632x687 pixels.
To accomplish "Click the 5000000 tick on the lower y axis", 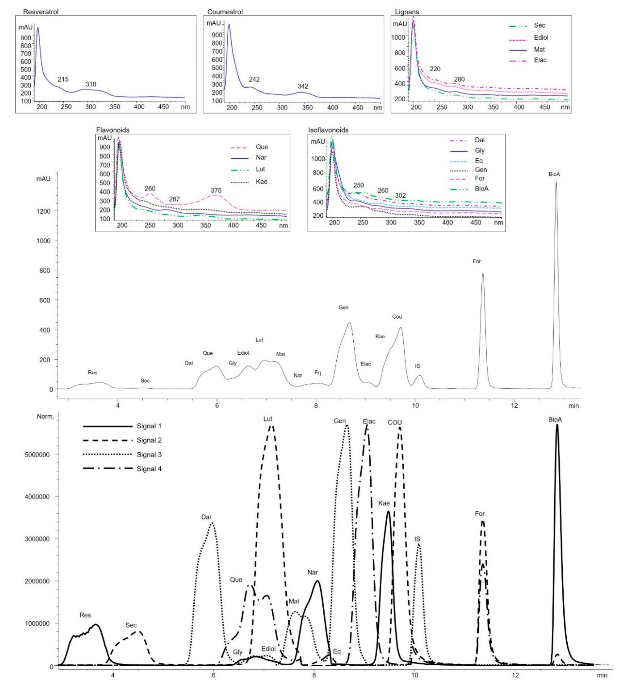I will (37, 455).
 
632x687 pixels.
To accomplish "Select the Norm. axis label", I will (45, 416).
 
